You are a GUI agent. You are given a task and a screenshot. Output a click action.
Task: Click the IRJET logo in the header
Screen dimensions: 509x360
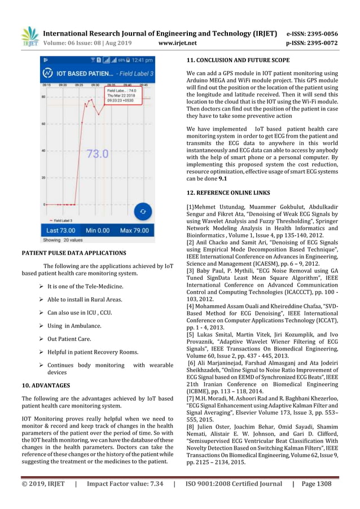30,36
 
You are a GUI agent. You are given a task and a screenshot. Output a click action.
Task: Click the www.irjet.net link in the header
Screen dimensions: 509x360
177,42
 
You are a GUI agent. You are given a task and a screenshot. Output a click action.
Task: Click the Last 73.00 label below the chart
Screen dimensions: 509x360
60,230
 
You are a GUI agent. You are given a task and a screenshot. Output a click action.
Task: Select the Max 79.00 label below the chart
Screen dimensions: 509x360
134,230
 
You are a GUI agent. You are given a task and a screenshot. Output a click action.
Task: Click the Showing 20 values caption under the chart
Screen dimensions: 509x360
63,239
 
